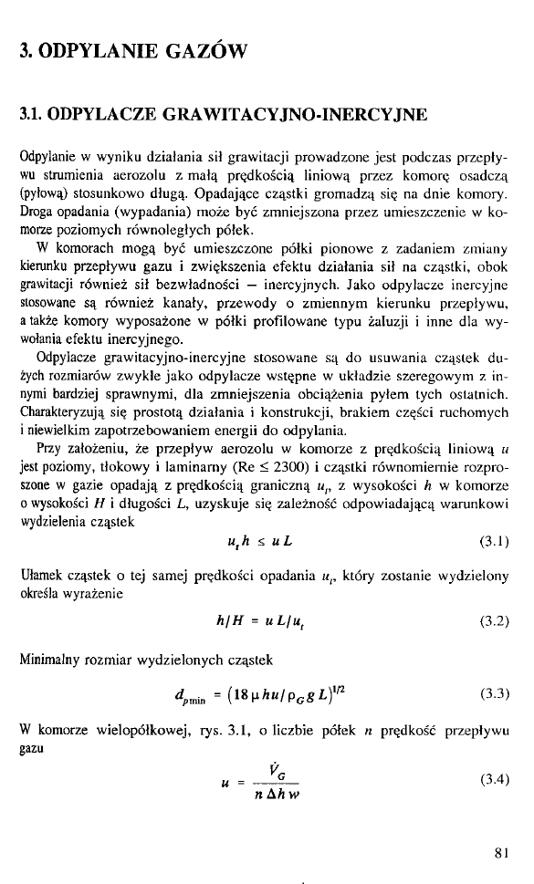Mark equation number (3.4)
click(x=493, y=778)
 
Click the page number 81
click(x=498, y=853)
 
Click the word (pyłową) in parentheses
click(x=44, y=193)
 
